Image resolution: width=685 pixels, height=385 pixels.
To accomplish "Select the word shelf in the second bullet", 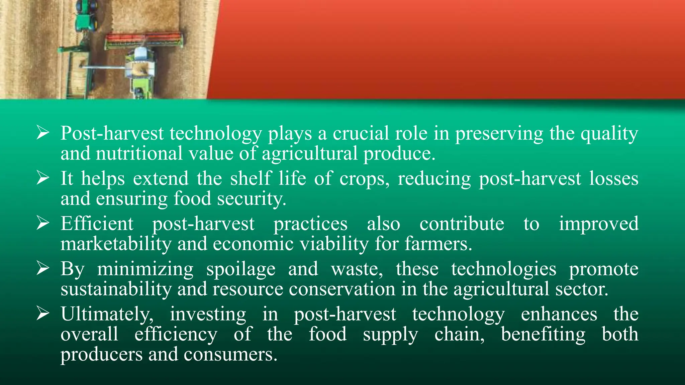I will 251,178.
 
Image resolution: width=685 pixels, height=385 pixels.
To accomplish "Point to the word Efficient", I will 97,224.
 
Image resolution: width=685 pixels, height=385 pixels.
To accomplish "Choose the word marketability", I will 116,244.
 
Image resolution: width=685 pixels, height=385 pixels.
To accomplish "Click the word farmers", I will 438,244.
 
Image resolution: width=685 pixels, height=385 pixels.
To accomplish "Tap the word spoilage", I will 241,269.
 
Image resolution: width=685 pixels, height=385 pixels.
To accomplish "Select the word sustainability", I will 116,289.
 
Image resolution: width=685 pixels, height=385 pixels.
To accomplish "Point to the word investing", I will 208,314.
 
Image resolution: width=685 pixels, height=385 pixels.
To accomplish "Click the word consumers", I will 230,354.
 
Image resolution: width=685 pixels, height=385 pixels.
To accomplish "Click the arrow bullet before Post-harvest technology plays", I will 43,133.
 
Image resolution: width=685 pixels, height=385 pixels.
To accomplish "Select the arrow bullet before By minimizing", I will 43,269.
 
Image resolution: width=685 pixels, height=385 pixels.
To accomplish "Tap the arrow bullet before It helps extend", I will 43,178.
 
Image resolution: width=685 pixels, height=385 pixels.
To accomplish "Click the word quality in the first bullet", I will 609,133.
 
